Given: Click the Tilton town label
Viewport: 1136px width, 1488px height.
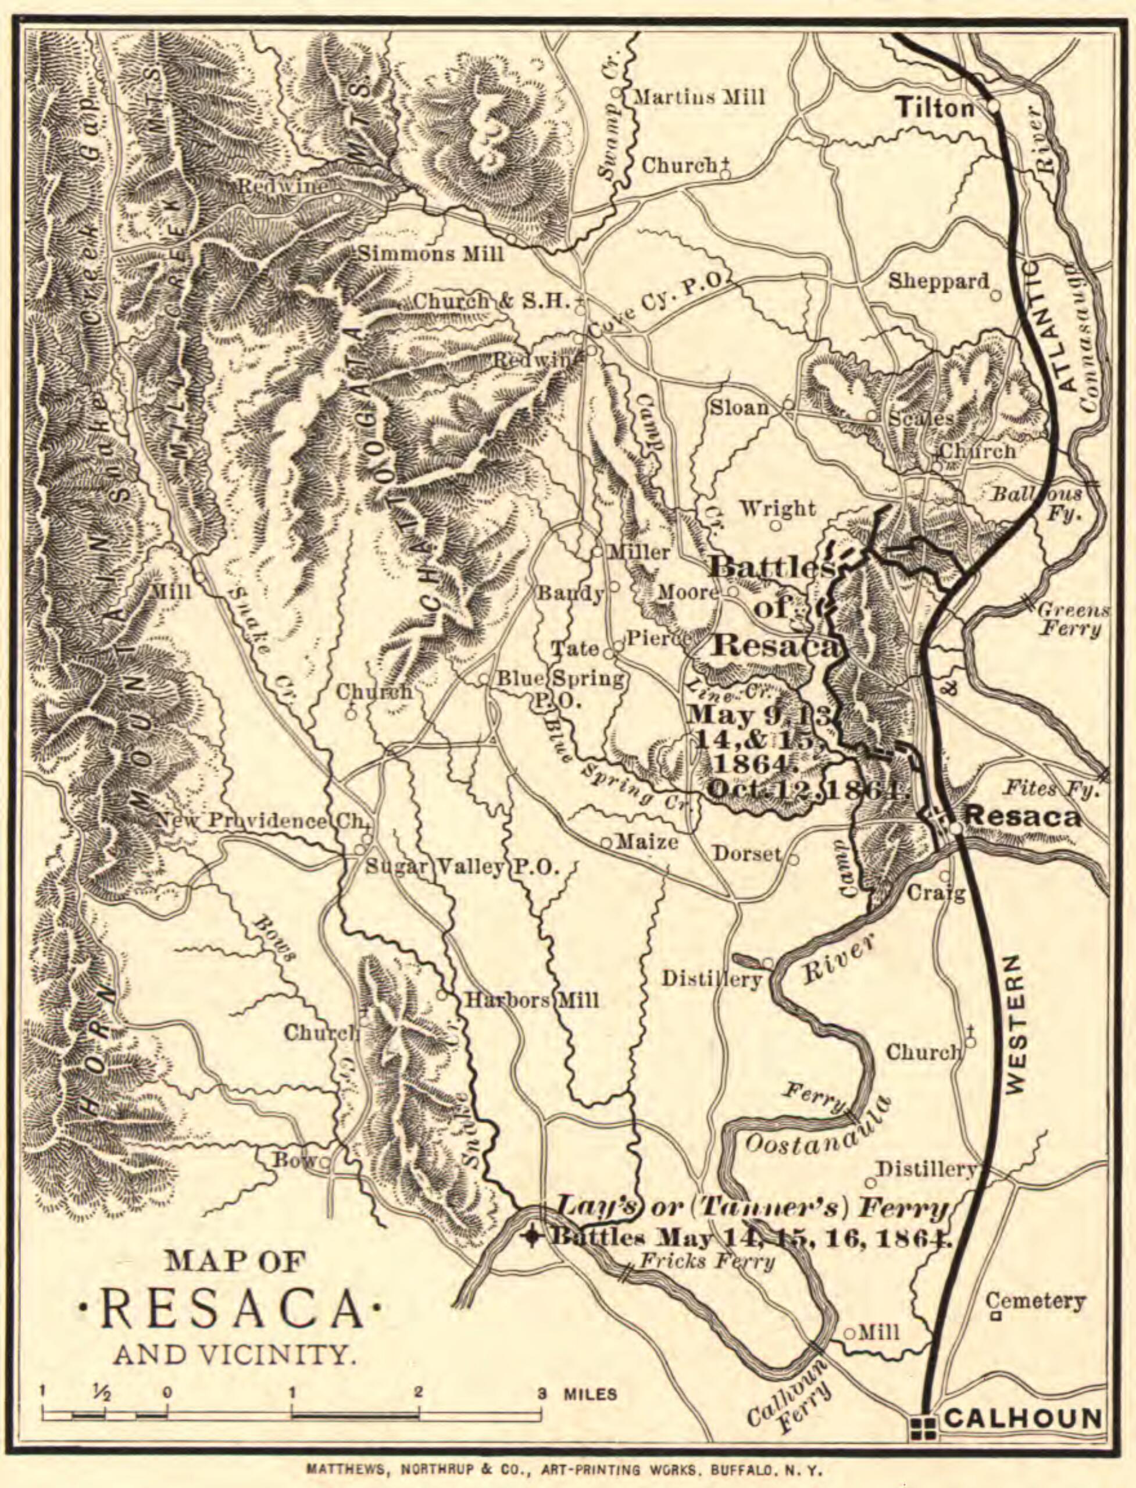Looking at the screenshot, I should pos(936,108).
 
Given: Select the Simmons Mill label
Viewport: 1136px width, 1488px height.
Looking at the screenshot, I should pos(431,254).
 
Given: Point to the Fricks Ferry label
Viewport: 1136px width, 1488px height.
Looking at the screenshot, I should pos(706,1261).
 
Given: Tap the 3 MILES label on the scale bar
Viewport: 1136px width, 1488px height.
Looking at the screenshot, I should pos(577,1394).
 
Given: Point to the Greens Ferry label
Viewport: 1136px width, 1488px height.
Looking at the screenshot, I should pos(1072,619).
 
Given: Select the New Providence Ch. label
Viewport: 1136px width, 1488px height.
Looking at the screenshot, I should pos(261,821).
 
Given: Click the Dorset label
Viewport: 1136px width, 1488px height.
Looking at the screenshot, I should pos(746,854).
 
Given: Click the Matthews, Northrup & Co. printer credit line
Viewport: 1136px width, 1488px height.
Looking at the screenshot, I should pos(564,1471).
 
